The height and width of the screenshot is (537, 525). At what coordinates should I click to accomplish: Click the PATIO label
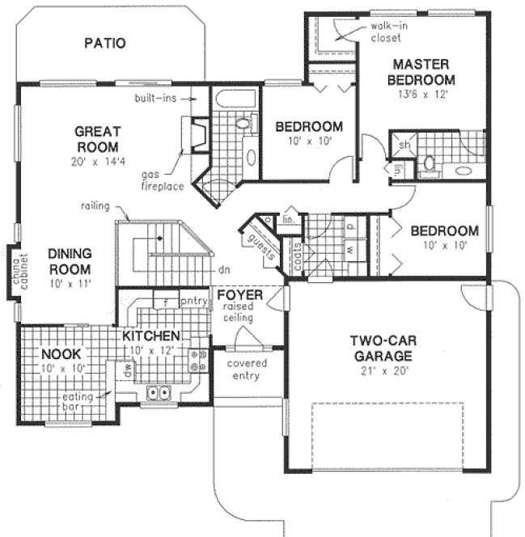105,43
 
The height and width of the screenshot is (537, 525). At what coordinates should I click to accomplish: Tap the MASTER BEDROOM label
421,72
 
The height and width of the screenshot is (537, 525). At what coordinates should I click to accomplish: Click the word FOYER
240,295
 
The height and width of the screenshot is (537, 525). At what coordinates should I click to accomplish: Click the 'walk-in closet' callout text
387,32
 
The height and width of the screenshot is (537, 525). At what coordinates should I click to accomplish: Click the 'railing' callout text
95,206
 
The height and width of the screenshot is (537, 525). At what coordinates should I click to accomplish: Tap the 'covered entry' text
248,370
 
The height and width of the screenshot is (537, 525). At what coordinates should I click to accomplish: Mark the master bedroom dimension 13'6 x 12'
421,94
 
